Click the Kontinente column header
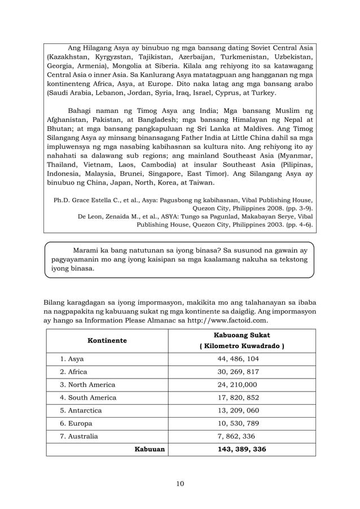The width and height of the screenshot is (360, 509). [x=107, y=341]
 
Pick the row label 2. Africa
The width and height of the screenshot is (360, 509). [x=74, y=372]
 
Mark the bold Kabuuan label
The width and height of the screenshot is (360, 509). [x=149, y=449]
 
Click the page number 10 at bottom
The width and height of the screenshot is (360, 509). [x=179, y=483]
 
